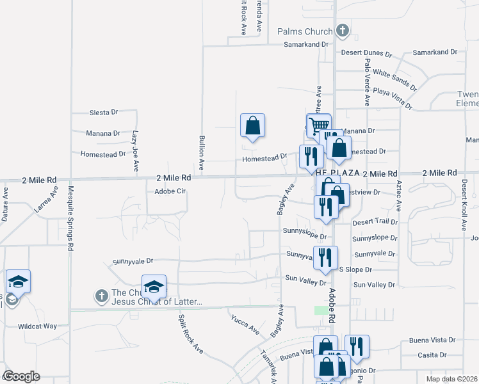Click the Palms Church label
(x=305, y=31)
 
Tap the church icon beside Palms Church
(x=343, y=31)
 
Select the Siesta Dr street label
(x=104, y=112)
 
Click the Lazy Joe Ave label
(x=136, y=151)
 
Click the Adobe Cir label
(x=170, y=191)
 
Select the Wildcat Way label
(x=38, y=326)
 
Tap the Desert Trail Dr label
(x=375, y=222)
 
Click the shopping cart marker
(x=318, y=125)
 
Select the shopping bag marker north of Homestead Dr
(x=252, y=125)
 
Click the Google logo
(x=21, y=376)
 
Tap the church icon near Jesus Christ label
(x=101, y=296)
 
